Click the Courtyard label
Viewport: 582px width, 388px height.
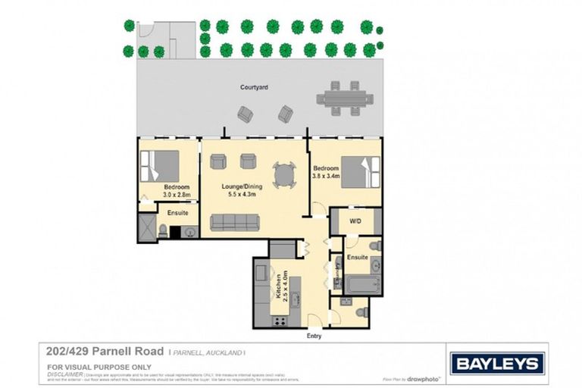(x=255, y=88)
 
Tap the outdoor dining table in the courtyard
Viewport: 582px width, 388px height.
(x=345, y=98)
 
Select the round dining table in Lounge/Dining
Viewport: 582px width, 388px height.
(x=283, y=175)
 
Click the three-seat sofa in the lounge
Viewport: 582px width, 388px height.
(x=235, y=222)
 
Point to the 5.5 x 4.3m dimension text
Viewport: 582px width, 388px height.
(x=243, y=194)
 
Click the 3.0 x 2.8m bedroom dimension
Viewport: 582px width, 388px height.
(x=177, y=195)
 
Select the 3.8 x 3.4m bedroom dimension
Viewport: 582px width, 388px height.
(x=326, y=176)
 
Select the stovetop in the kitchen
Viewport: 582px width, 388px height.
(x=278, y=321)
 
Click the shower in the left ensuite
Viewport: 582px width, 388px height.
(x=145, y=227)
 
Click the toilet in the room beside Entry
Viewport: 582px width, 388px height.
(x=361, y=311)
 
